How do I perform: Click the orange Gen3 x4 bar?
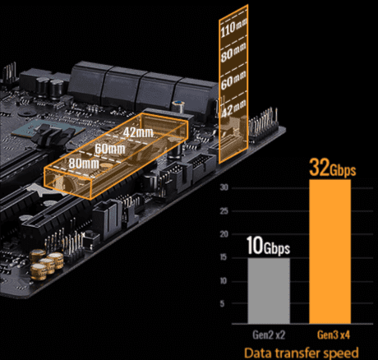330,252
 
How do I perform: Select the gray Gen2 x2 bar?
269,291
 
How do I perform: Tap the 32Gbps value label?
333,168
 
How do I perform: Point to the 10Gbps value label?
268,246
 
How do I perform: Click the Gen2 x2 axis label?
269,335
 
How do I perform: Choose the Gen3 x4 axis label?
334,335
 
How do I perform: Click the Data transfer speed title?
301,353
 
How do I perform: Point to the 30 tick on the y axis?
224,187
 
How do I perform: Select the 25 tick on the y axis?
224,211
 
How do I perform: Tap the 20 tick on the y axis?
224,234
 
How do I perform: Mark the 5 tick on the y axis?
222,303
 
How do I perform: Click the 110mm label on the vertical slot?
233,28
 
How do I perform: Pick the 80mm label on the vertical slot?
233,53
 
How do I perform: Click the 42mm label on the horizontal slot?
138,132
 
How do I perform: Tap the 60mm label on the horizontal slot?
110,149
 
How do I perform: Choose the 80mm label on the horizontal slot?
84,164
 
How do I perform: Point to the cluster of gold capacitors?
47,264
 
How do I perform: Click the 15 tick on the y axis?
224,257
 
